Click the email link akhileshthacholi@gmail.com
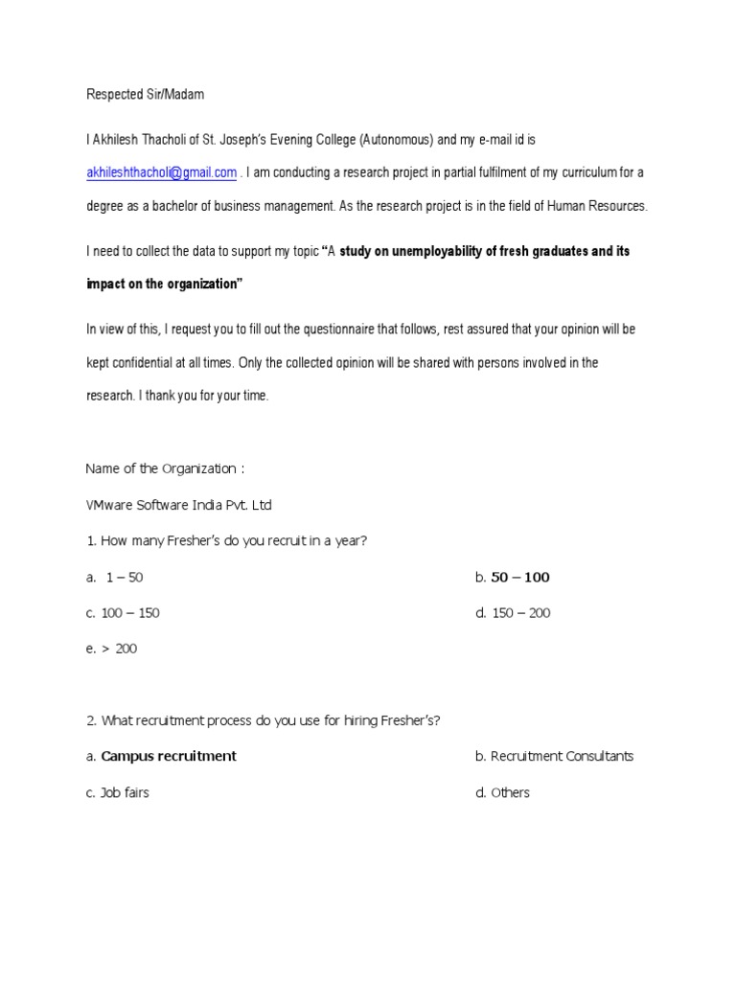click(x=161, y=172)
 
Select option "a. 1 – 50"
click(x=115, y=578)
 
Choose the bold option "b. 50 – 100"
click(x=513, y=578)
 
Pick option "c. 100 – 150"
click(x=123, y=613)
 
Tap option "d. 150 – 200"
click(x=513, y=613)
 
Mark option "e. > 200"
click(x=112, y=649)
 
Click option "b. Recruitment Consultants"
click(x=554, y=756)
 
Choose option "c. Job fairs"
click(x=118, y=792)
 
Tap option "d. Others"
click(x=502, y=792)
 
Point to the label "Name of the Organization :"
click(x=165, y=468)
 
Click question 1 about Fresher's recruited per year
click(x=227, y=541)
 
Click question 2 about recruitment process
click(x=264, y=720)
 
